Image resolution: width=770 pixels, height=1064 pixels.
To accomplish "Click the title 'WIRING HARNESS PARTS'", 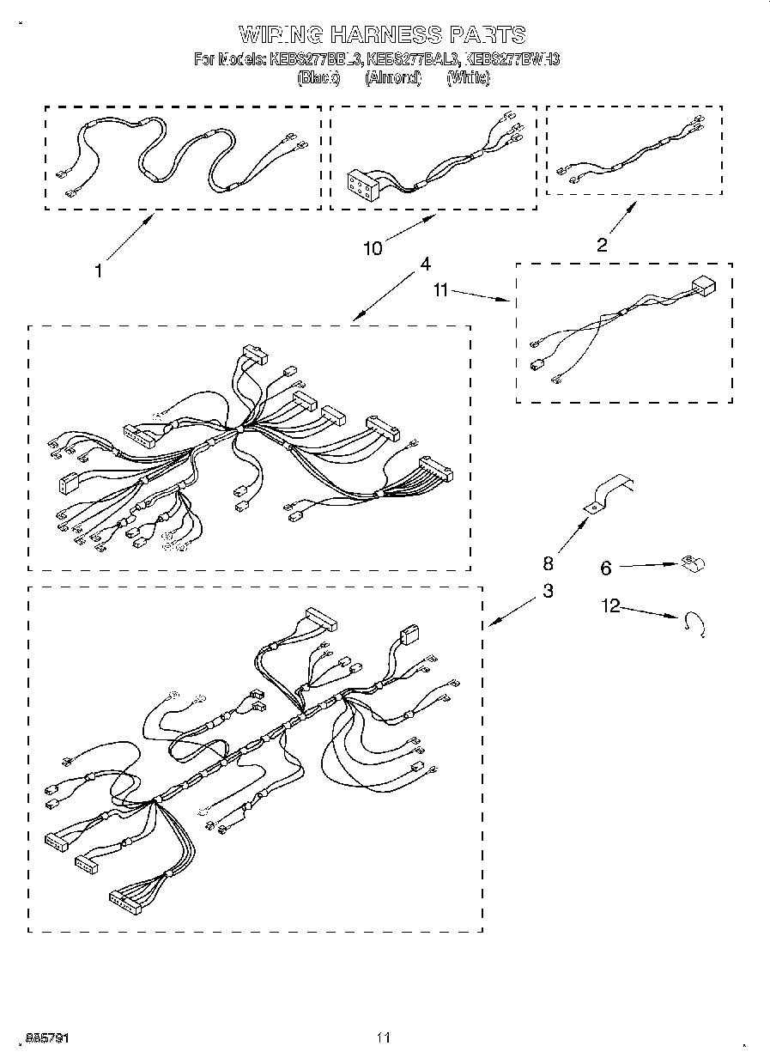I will [381, 34].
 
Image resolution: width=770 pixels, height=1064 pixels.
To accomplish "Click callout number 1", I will [99, 271].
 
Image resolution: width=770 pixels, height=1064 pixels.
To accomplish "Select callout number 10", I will [373, 248].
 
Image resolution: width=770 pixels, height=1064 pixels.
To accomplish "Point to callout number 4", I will [425, 264].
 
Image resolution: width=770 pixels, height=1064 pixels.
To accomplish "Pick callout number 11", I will [440, 291].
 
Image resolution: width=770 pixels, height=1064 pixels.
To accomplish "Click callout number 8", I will [548, 563].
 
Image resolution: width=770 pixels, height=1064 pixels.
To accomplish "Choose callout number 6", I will [606, 568].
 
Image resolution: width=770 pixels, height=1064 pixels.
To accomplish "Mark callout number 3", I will [548, 591].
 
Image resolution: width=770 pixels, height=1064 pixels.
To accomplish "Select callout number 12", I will [611, 606].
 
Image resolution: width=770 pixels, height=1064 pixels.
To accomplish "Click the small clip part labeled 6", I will [692, 563].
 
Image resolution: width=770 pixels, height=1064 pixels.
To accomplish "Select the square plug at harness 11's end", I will [703, 285].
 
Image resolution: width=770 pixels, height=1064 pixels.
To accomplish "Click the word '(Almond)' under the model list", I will [392, 77].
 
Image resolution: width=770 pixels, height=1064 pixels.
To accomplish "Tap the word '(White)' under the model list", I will [468, 77].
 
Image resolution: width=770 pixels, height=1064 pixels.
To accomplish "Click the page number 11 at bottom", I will [384, 1037].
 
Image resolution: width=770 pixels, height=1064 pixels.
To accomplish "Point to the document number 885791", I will [48, 1037].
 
